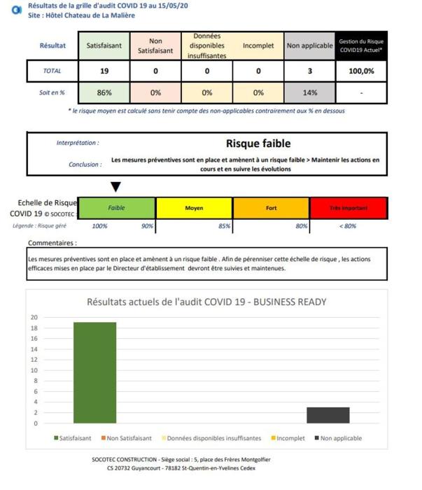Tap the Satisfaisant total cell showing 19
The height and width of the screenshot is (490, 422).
click(x=104, y=71)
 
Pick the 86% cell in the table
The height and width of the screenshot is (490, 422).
click(x=104, y=92)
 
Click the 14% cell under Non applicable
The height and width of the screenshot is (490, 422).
click(x=310, y=92)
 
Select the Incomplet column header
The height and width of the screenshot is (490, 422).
click(x=258, y=45)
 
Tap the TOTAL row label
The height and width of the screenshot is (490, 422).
click(x=52, y=71)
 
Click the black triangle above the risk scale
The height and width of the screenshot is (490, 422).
click(x=115, y=186)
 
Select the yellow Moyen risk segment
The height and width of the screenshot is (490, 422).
click(x=194, y=208)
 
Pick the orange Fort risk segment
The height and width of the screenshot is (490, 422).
click(x=271, y=208)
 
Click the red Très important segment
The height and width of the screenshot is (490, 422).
click(x=348, y=208)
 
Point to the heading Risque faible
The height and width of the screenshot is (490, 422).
click(x=258, y=143)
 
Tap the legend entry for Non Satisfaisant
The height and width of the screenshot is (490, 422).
click(x=127, y=438)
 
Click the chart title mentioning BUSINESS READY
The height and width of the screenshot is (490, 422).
click(x=206, y=302)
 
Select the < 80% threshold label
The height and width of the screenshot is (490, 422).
click(x=348, y=225)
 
